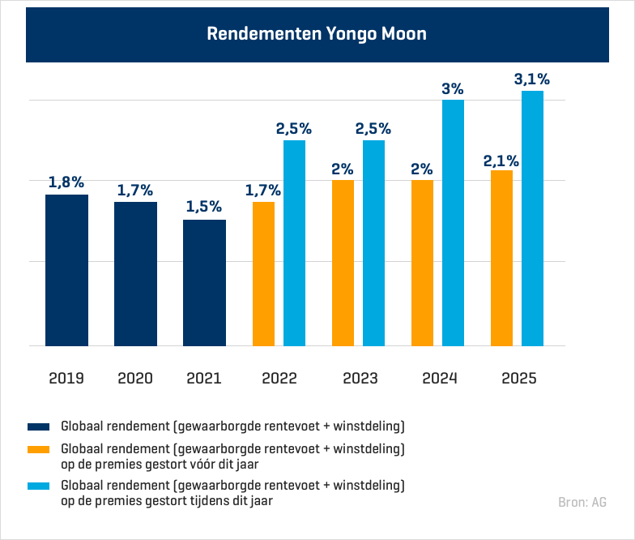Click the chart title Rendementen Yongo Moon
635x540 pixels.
(317, 34)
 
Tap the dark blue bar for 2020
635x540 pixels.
(135, 273)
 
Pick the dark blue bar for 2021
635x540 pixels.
(204, 282)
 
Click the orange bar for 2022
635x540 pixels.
(263, 273)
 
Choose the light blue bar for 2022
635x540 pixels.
(294, 242)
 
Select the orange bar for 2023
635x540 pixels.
(343, 263)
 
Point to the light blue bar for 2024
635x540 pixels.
(453, 222)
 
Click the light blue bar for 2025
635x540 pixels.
(532, 218)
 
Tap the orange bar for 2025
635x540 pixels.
(501, 258)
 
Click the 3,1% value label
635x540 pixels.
(532, 79)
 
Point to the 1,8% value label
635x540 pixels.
(66, 182)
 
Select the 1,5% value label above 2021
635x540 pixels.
(204, 207)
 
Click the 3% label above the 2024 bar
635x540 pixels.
(453, 88)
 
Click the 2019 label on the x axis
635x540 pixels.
(66, 378)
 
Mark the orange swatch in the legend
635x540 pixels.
(39, 448)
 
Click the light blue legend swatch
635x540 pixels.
(39, 486)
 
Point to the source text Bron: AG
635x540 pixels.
(582, 502)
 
